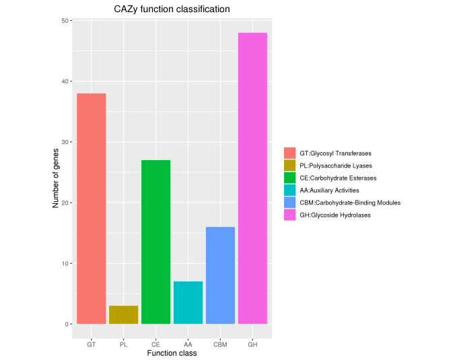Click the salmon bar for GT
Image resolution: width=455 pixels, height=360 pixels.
coord(91,209)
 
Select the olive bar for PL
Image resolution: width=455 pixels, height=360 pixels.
coord(123,315)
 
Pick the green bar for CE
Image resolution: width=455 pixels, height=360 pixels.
coord(155,242)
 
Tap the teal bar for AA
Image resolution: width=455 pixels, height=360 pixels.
coord(188,303)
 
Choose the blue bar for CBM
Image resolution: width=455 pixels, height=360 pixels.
coord(220,275)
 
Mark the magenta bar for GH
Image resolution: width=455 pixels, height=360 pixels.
coord(252,178)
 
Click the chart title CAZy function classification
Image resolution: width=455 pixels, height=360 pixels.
coord(172,9)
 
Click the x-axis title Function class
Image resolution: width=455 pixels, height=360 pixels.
coord(172,353)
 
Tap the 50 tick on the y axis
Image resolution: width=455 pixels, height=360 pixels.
coord(67,21)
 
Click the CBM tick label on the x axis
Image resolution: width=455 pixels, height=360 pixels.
coord(220,345)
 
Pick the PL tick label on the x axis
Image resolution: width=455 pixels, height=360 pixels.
coord(123,345)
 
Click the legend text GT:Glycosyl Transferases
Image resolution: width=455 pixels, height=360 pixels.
coord(335,153)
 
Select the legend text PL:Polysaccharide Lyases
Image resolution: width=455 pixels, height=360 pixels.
coord(335,166)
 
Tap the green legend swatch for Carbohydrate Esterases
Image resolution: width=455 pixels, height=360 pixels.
coord(289,178)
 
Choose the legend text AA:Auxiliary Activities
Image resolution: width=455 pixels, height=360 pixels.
coord(329,190)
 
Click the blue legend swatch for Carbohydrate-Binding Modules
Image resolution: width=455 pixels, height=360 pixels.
coord(289,203)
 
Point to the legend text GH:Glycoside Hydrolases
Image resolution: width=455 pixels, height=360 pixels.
coord(335,215)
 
